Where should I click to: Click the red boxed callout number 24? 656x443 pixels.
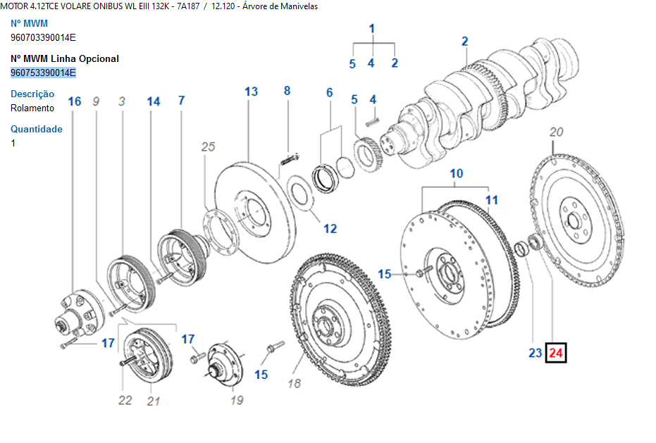pos(556,353)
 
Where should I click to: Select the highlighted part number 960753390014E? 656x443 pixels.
pos(43,73)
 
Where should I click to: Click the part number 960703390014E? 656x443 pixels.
pos(43,37)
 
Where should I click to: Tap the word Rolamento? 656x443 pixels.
pos(32,108)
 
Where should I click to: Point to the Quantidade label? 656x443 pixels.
pos(37,129)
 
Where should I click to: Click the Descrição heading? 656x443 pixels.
pos(32,94)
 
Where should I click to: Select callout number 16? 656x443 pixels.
pos(75,101)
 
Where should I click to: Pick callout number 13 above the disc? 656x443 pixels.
pos(251,92)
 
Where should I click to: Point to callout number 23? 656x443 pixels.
pos(535,353)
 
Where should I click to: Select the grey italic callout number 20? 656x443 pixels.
pos(556,132)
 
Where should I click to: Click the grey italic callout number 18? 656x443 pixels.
pos(294,383)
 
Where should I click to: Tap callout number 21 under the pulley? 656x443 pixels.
pos(154,401)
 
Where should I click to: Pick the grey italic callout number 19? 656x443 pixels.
pos(237,400)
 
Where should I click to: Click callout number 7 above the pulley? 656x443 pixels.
pos(181,101)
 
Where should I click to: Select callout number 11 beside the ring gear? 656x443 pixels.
pos(491,200)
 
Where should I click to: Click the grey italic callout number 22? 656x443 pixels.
pos(125,400)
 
